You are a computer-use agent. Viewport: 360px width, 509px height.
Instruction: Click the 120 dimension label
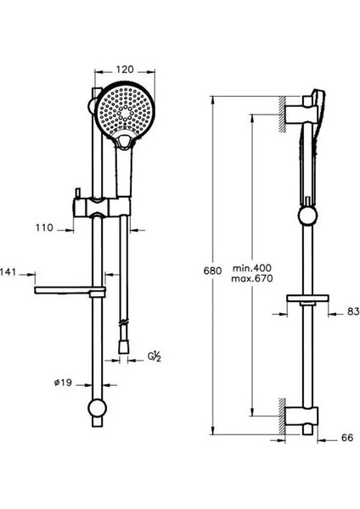125,70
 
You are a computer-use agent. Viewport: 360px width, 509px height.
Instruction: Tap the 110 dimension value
44,228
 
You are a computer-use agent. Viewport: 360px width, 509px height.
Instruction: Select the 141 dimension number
8,272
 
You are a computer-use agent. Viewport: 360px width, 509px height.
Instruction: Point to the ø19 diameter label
63,383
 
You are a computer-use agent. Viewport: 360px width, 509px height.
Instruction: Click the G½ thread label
155,357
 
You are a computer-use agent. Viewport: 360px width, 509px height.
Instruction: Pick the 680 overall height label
212,271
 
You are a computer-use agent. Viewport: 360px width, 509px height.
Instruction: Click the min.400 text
252,268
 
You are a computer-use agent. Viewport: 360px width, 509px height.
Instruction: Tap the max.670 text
252,278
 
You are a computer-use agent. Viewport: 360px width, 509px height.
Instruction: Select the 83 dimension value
353,311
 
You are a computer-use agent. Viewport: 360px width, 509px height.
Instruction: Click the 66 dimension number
347,438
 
